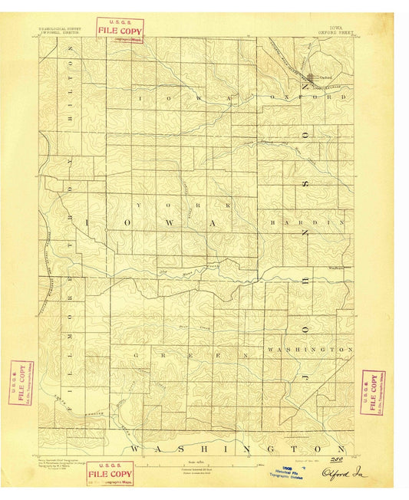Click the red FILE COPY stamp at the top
click(120, 28)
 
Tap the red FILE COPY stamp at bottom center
click(110, 475)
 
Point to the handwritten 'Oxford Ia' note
click(345, 473)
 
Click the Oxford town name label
click(325, 75)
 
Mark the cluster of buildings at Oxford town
click(311, 77)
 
